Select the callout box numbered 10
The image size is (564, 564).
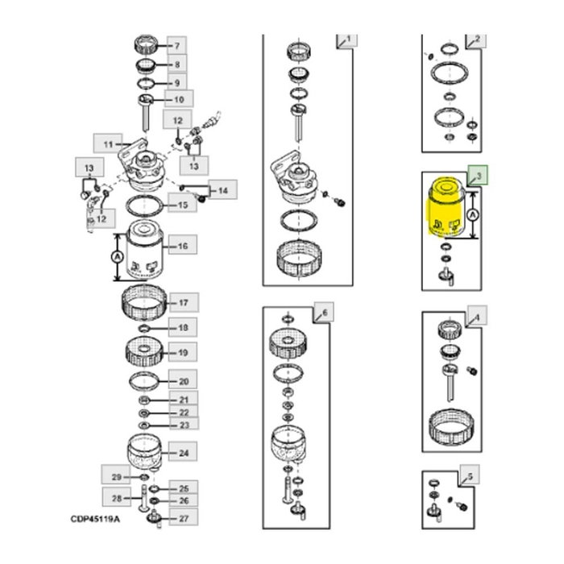[179, 99]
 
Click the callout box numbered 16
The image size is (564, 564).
[182, 246]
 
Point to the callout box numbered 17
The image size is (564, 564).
[184, 303]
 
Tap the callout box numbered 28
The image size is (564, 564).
[115, 499]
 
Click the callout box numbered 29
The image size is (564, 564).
[115, 479]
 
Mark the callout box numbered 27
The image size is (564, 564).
[184, 518]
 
